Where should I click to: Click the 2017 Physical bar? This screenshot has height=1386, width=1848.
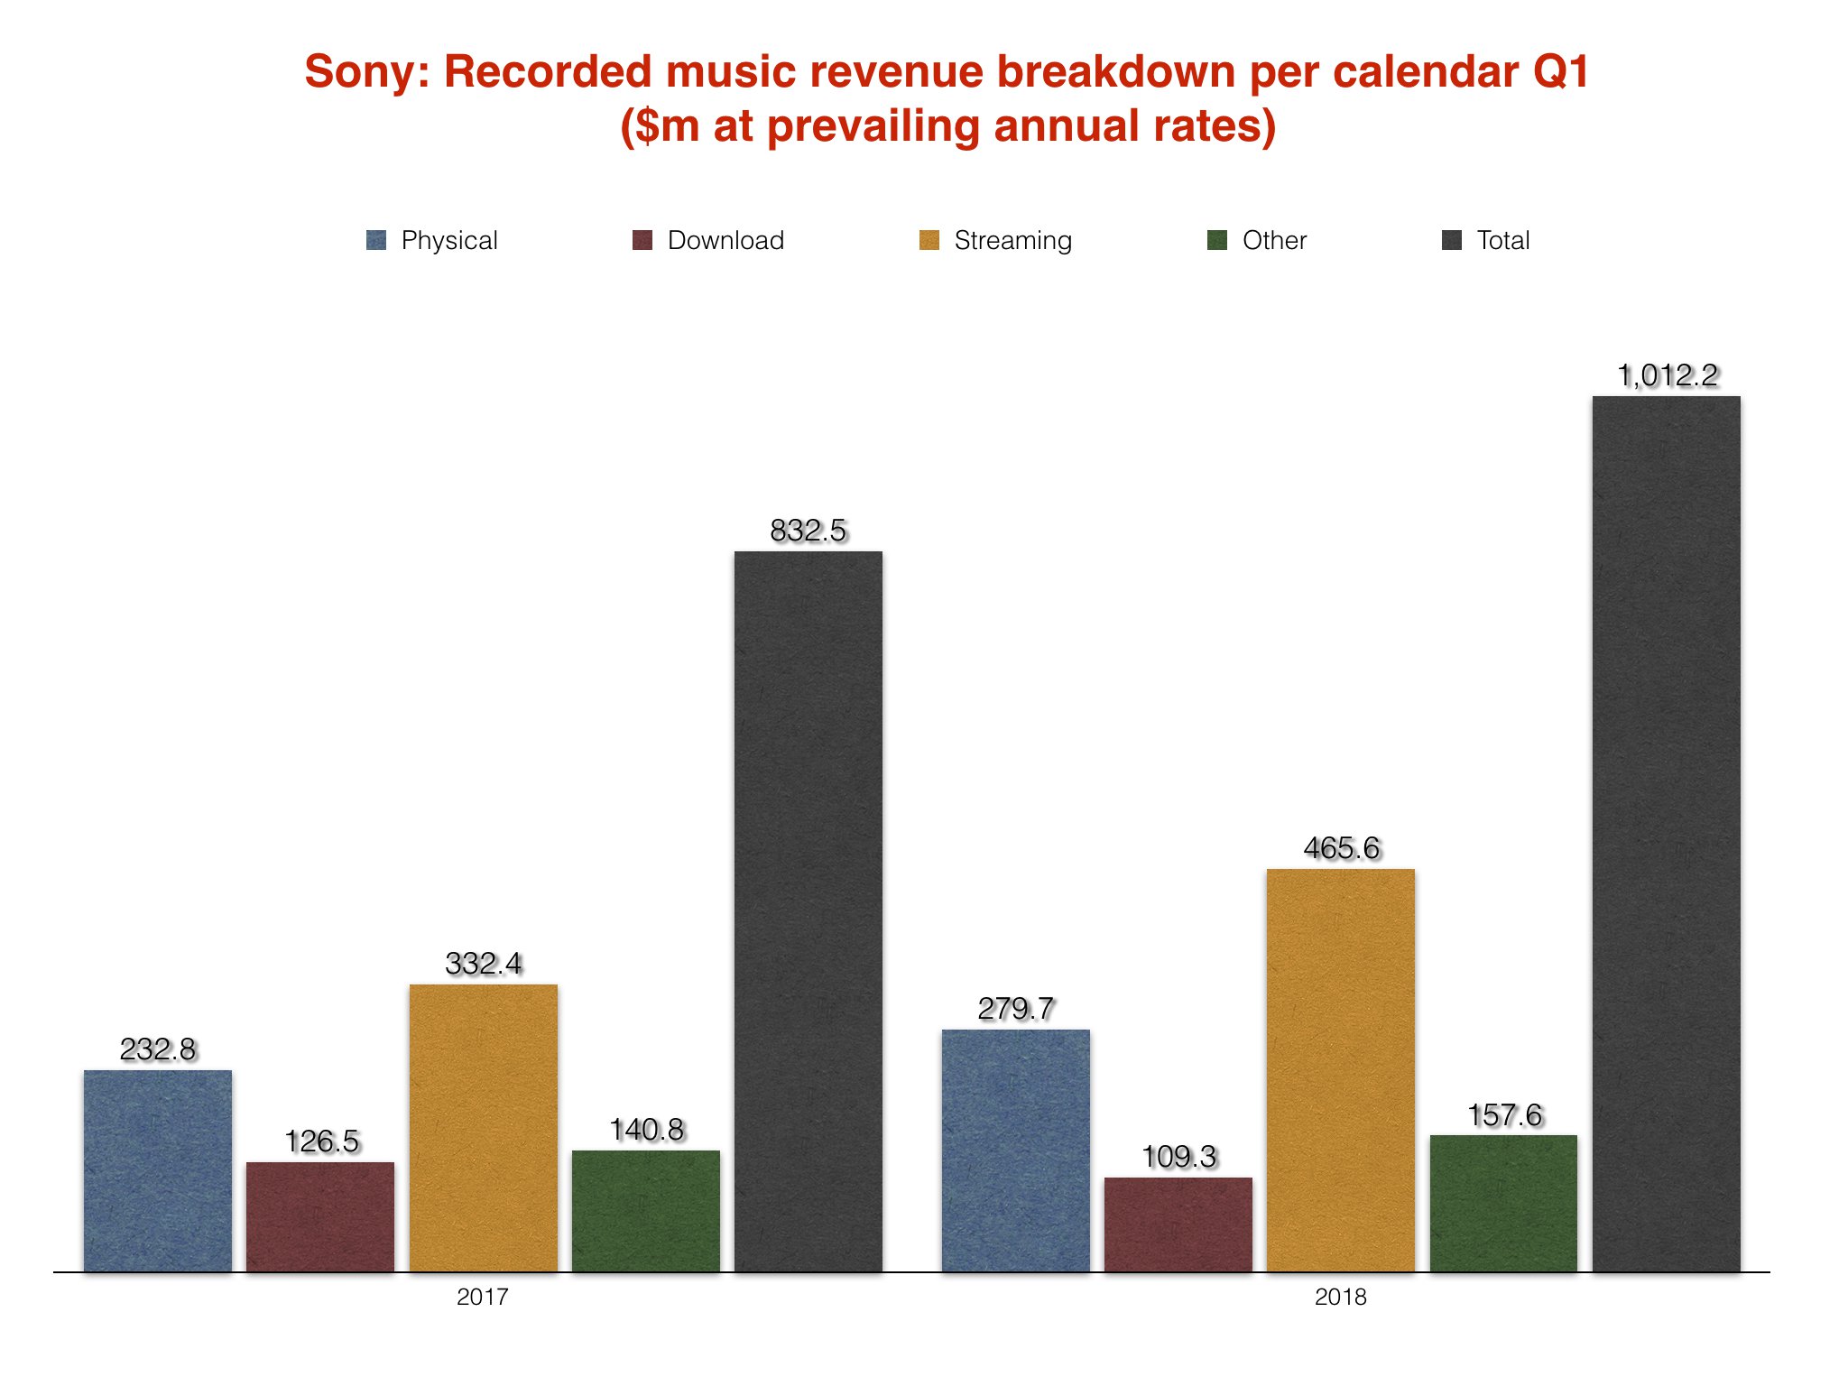click(x=158, y=1170)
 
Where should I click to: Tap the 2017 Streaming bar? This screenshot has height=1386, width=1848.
click(x=484, y=1128)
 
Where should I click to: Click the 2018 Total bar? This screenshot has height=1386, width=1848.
click(x=1666, y=834)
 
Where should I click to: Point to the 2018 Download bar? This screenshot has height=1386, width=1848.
click(x=1178, y=1224)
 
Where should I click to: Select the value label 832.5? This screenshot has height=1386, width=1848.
click(x=808, y=531)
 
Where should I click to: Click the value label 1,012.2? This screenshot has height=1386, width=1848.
click(x=1668, y=375)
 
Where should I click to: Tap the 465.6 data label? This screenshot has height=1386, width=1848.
click(x=1342, y=848)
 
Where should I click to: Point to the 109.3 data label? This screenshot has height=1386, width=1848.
click(x=1178, y=1157)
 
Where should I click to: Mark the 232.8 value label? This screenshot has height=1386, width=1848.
click(x=158, y=1049)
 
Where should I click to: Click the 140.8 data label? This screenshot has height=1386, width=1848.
click(x=646, y=1130)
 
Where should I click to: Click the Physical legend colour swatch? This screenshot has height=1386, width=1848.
click(x=376, y=240)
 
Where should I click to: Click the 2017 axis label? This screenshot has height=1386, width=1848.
click(x=483, y=1298)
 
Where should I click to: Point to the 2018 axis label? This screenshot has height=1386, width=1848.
click(x=1340, y=1298)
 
